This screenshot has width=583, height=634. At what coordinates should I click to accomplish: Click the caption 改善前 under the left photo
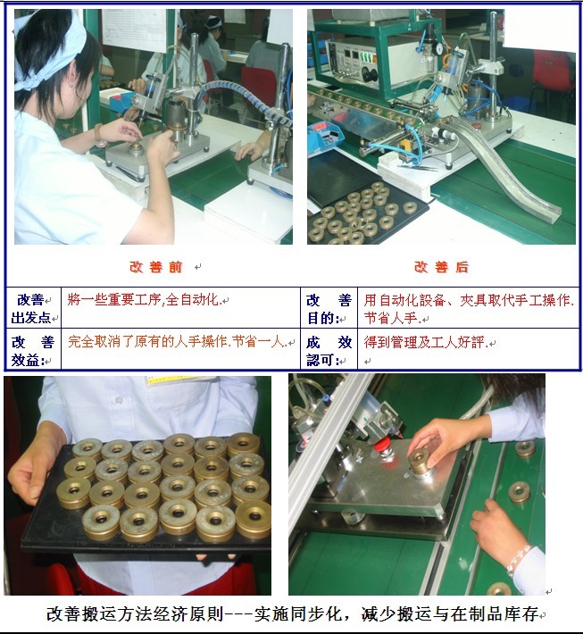point(156,267)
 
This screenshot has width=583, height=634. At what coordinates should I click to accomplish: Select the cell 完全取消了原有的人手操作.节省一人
point(177,342)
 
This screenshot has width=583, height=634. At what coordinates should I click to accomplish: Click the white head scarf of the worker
point(54,49)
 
